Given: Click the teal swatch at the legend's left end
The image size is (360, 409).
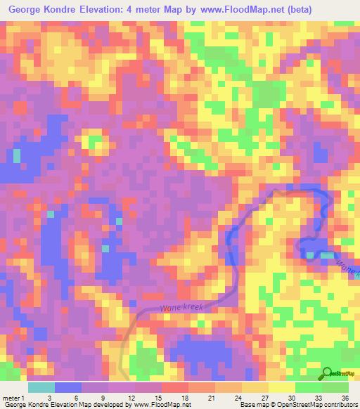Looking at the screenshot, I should (x=41, y=387).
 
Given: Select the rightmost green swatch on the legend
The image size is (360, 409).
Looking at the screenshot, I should (x=335, y=387).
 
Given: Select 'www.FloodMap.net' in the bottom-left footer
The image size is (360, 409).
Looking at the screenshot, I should (x=162, y=405).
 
